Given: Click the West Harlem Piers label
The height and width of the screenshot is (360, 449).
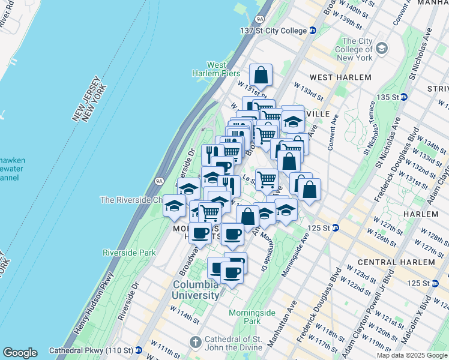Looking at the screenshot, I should [217, 69].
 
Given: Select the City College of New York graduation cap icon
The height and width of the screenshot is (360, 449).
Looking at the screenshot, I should [381, 47].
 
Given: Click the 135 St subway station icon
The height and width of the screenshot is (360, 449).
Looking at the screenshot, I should [405, 97].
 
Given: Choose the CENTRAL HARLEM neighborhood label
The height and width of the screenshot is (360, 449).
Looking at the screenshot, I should [396, 262].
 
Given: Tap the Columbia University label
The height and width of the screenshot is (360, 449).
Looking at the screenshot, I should [196, 290].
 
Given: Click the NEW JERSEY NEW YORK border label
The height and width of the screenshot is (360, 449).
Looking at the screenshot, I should [90, 102].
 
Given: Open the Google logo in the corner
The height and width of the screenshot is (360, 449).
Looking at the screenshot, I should [20, 353].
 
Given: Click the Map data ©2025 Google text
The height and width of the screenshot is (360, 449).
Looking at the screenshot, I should [412, 355].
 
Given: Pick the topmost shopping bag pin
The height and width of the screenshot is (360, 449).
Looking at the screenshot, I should [261, 76].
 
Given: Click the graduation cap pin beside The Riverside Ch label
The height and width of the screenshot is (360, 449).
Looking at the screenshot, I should [175, 206].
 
